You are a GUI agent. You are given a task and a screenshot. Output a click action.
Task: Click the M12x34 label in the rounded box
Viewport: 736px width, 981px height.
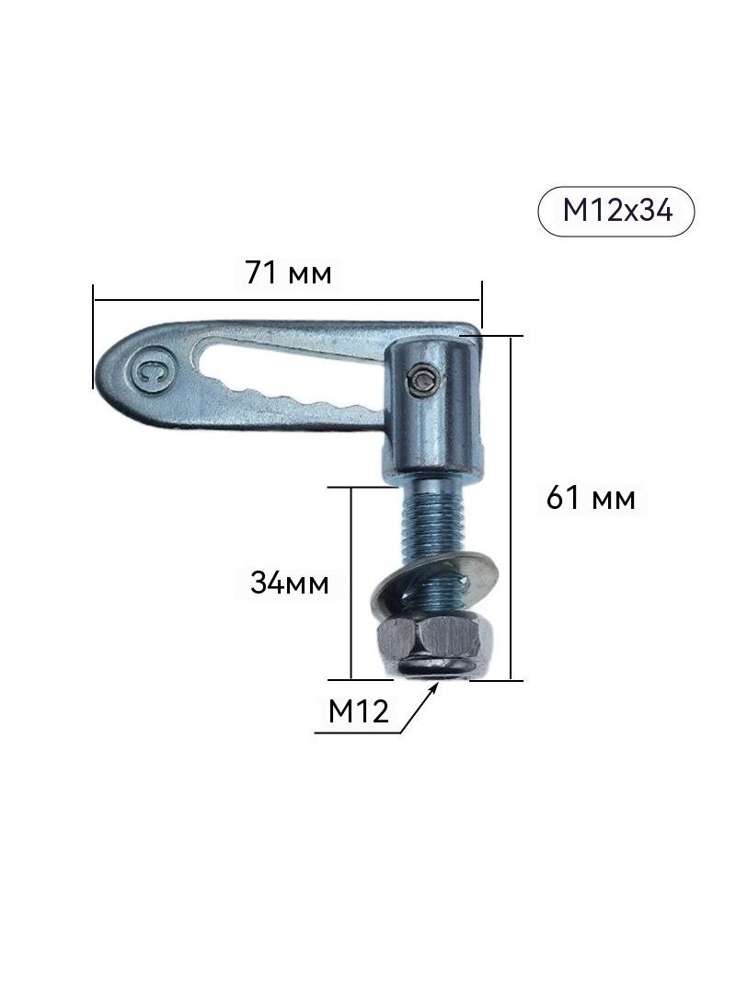pos(616,211)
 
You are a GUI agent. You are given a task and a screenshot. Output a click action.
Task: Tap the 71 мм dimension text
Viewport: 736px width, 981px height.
pos(288,272)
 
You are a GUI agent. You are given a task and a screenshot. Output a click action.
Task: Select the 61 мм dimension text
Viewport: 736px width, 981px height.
pos(591,499)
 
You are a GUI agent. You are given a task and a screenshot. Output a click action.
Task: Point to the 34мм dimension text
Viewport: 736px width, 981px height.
pos(290,583)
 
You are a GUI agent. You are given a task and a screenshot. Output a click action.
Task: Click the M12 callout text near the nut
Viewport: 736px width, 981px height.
pos(358,711)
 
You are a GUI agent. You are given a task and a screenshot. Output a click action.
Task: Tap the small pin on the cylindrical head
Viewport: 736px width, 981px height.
pos(422,381)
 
